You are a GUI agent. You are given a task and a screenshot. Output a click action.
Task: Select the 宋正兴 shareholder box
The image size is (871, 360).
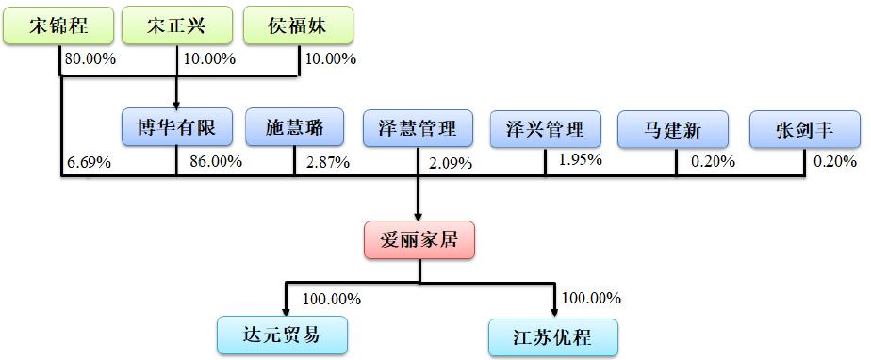point(176,25)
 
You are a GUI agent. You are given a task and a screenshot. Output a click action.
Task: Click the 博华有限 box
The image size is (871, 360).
point(176,129)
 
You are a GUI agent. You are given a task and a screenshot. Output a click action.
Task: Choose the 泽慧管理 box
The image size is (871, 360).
point(418,129)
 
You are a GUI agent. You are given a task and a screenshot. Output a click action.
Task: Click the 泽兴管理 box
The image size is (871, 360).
point(545,129)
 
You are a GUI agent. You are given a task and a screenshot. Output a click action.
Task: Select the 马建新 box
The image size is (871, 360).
point(673,129)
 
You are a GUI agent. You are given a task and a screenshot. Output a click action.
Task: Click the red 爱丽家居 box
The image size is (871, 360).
point(419,239)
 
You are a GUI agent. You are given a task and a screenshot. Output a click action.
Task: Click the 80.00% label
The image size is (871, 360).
point(90,59)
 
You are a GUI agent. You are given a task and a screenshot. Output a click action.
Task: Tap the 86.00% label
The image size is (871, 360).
point(216,161)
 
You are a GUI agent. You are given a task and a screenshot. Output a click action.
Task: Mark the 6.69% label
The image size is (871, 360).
point(89,162)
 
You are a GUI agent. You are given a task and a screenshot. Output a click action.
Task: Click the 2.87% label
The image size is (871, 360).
point(328,162)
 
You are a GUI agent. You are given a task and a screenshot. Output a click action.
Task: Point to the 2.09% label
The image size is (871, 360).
point(451,163)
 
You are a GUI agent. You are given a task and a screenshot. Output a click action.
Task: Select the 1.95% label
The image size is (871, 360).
point(581,159)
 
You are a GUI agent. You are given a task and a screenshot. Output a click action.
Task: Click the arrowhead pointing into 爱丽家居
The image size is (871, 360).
point(419,215)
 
